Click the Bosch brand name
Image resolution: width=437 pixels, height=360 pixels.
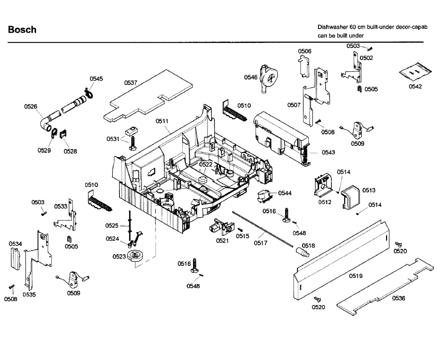[x=22, y=30]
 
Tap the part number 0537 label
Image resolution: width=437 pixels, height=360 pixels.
[x=131, y=83]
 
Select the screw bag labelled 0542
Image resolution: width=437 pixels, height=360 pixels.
[x=415, y=72]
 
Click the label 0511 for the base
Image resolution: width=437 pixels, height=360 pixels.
[x=162, y=121]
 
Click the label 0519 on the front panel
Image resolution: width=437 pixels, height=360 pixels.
[x=355, y=276]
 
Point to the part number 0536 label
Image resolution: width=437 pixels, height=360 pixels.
[x=398, y=298]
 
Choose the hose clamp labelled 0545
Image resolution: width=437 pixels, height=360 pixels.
[x=89, y=93]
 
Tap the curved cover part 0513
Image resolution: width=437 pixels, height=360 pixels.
[x=351, y=197]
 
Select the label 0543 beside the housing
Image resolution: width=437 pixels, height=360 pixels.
[x=328, y=152]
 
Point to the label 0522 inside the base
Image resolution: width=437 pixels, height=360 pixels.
[x=205, y=165]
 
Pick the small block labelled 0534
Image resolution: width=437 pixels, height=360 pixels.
[x=16, y=258]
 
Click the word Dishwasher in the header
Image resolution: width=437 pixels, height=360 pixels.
[x=332, y=27]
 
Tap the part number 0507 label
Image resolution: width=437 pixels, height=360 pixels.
[x=294, y=105]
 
